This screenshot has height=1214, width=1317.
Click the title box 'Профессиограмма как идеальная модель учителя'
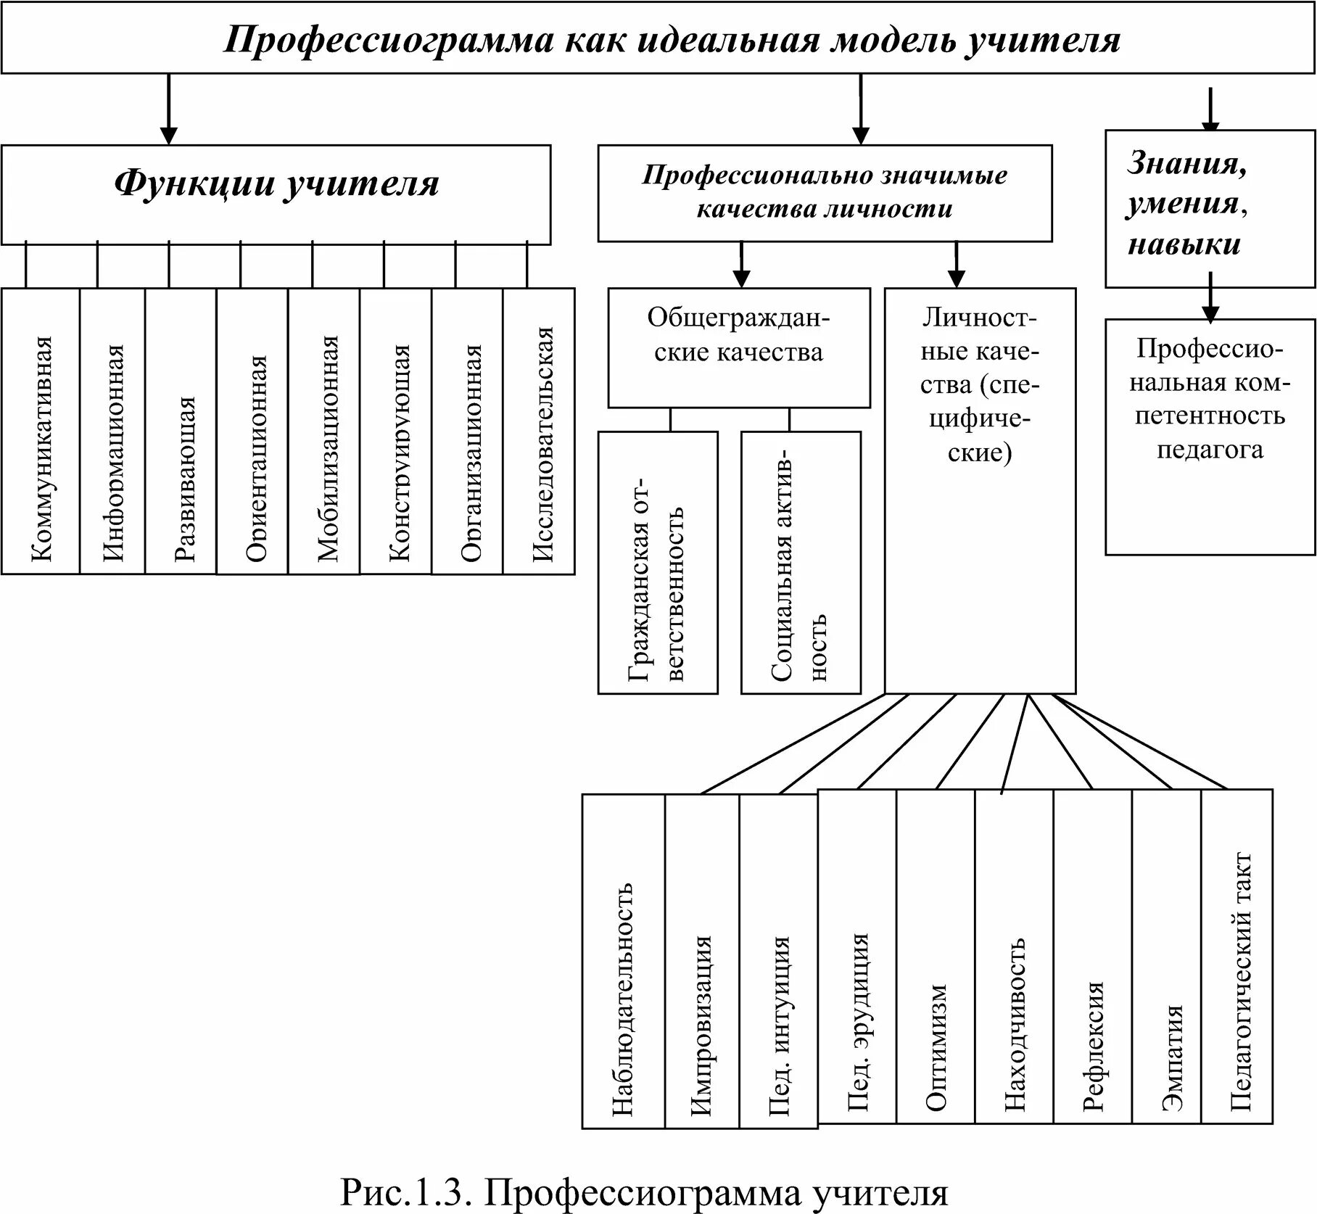coord(671,41)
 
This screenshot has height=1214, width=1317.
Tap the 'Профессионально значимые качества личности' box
coord(825,192)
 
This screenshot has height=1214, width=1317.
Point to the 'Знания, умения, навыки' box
coord(1187,204)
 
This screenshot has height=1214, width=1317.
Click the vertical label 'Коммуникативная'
coord(42,450)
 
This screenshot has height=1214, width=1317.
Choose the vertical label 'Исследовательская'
coord(543,444)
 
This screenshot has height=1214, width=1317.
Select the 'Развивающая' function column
coord(185,479)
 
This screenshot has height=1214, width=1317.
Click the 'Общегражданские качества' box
coord(738,335)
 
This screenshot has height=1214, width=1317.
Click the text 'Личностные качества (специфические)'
coord(980,384)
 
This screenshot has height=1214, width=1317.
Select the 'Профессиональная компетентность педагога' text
coord(1210,399)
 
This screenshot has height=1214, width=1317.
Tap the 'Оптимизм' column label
coord(936,1047)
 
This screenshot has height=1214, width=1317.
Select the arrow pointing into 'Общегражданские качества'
coord(741,265)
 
